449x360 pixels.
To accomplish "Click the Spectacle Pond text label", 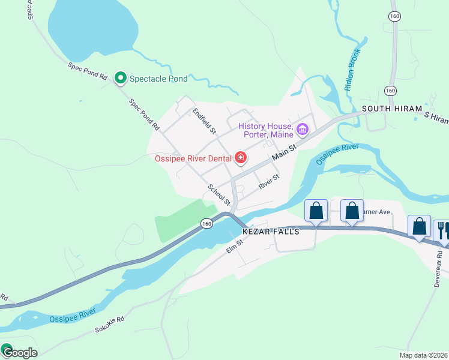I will (x=158, y=79).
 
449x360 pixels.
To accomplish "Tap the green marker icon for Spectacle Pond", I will (x=120, y=77).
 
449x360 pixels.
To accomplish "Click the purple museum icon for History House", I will (x=302, y=129).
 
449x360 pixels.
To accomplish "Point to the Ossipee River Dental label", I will (x=193, y=158).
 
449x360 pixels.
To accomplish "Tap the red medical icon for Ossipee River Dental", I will (x=240, y=158).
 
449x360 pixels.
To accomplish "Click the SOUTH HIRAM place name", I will (x=390, y=109).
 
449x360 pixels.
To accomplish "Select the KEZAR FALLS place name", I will (x=270, y=232).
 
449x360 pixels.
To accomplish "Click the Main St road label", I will (x=284, y=151).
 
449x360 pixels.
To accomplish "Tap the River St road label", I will (x=269, y=182).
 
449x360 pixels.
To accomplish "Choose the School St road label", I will (x=219, y=193).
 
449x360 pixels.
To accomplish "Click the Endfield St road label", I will (x=203, y=119).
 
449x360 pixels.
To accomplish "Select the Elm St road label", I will (x=235, y=246).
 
